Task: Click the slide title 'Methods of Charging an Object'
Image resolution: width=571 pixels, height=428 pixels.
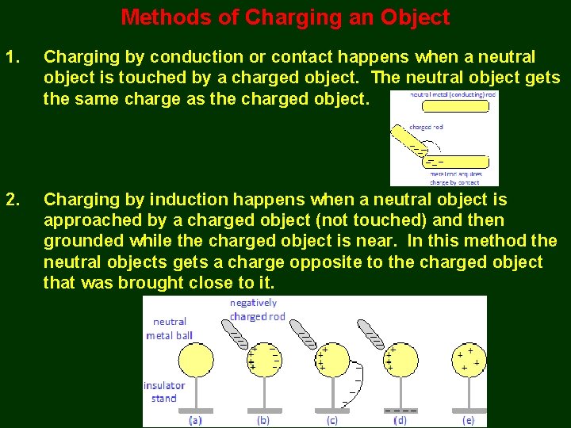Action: coord(285,17)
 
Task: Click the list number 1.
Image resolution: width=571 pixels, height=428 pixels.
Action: coord(12,57)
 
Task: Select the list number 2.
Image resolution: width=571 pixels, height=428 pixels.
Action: coord(12,200)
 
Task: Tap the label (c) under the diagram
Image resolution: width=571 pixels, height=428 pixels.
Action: coord(331,420)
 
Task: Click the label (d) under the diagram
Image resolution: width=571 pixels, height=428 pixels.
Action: coord(400,420)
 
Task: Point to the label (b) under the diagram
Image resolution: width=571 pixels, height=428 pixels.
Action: coord(263,420)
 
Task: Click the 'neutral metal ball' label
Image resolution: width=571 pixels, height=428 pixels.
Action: coord(170,328)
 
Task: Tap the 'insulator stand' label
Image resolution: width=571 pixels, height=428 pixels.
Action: coord(164,392)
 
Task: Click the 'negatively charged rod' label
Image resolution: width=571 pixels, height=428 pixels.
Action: coord(256,309)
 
